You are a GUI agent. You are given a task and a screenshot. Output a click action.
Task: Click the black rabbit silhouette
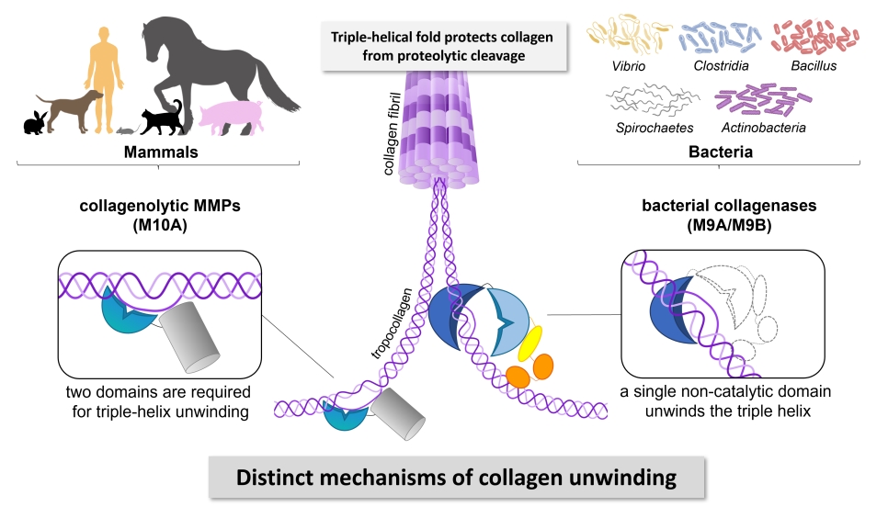[x=34, y=123]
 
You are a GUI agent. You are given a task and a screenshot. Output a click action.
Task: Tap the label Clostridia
[x=723, y=66]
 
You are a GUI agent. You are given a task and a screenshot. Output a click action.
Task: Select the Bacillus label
[x=814, y=66]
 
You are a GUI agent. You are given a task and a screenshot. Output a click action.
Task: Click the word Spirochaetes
[x=655, y=129]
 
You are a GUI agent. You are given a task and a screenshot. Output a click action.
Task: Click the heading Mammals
[x=162, y=152]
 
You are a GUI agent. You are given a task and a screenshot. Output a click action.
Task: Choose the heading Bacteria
[x=721, y=152]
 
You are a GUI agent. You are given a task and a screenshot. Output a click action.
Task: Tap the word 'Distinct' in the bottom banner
[x=276, y=478]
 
